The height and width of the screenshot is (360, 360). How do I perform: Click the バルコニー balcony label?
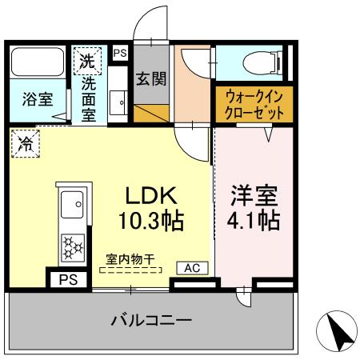click(x=151, y=322)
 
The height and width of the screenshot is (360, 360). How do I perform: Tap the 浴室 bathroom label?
click(x=38, y=100)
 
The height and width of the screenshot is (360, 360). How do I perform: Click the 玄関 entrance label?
click(x=150, y=79)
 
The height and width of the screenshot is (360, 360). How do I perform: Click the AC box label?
click(x=194, y=268)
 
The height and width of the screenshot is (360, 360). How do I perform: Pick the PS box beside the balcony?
click(x=69, y=280)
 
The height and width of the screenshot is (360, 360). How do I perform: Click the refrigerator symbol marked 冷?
click(x=26, y=145)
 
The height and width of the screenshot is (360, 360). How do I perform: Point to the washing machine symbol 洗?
click(x=87, y=58)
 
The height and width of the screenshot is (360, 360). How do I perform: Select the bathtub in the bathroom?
click(x=38, y=62)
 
